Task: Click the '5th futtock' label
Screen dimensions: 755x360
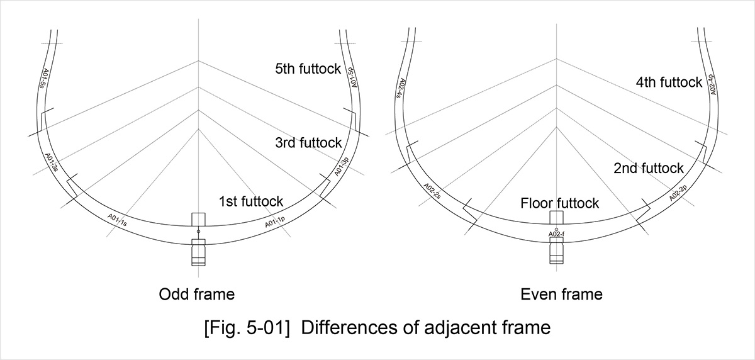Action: tap(308, 69)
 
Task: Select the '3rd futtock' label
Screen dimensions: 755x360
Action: tap(308, 143)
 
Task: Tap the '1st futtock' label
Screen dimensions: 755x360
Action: tap(251, 201)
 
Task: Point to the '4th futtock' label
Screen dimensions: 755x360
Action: tap(669, 82)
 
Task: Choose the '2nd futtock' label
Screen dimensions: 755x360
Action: tap(649, 168)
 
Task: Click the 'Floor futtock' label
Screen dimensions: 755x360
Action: tap(559, 203)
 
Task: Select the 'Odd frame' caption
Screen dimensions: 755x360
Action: tap(197, 295)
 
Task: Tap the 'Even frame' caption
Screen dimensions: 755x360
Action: tap(561, 295)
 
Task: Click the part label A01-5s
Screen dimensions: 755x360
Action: tap(44, 79)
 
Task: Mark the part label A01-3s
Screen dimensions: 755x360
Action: tap(52, 162)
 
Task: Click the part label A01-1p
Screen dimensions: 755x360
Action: tap(275, 222)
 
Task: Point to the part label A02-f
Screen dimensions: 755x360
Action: tap(556, 234)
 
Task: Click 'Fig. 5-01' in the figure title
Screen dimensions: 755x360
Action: tap(247, 328)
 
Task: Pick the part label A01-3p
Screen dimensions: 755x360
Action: tap(342, 167)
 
